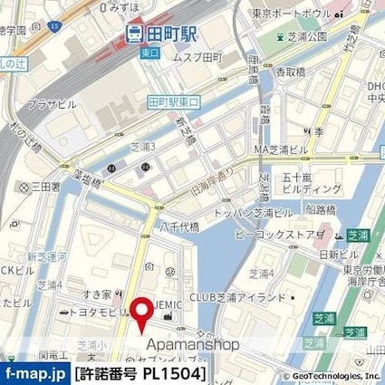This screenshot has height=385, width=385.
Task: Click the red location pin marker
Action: [x=142, y=313]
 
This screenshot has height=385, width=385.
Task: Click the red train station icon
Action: [x=134, y=34]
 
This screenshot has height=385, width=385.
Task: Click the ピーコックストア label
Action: [x=277, y=234]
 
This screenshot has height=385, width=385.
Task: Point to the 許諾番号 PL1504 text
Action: [x=140, y=373]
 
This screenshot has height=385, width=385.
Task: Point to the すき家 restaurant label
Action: [x=95, y=294]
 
